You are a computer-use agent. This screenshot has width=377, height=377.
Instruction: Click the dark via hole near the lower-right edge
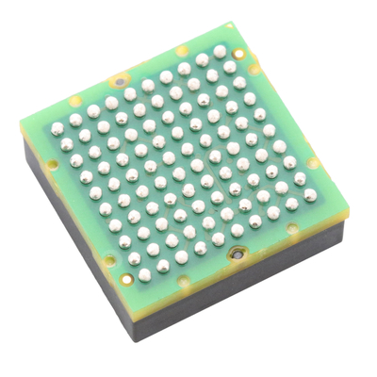pos(238,253)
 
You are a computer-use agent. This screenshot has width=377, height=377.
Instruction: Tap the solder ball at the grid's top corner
pos(220,51)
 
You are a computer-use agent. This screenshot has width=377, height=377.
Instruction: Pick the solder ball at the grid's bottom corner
pos(144,275)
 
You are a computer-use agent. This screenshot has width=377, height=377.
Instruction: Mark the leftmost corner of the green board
pos(22,119)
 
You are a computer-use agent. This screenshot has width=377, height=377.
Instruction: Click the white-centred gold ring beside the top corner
pos(241,54)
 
